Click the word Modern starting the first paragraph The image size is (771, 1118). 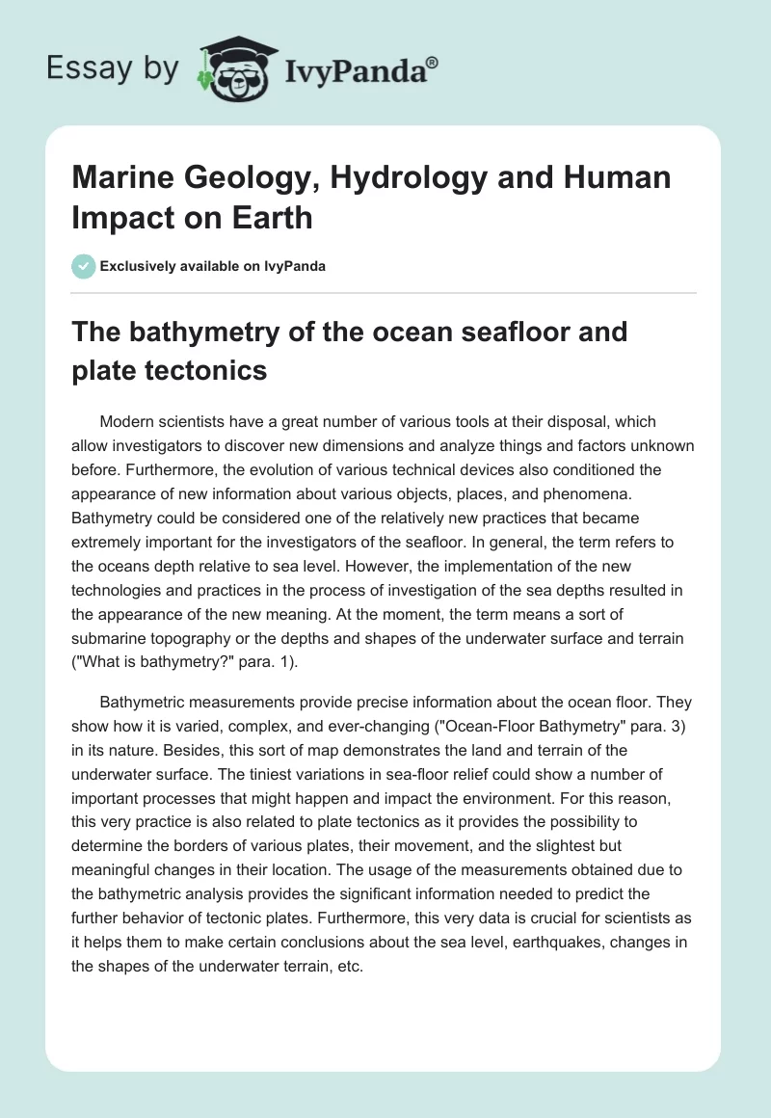click(129, 423)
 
